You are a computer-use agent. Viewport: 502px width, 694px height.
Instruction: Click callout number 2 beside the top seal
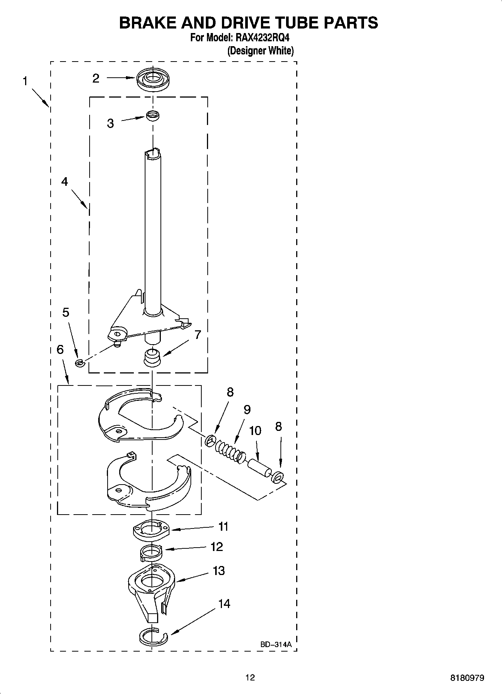point(96,78)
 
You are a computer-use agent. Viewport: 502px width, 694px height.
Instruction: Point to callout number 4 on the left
point(65,182)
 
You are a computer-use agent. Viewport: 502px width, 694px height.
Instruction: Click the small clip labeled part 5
point(79,362)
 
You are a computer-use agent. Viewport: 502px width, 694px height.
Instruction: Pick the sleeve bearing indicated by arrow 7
point(152,357)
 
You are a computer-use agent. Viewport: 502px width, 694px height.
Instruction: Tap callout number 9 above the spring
point(247,409)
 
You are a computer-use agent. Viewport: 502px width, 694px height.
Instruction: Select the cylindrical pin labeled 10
point(258,469)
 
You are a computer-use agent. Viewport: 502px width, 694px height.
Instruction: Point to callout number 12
point(217,547)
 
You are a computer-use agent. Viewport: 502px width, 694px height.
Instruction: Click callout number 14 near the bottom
point(224,604)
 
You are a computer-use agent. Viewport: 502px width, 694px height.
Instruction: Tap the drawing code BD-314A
point(276,644)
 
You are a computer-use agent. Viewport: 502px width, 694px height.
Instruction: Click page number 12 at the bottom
point(250,677)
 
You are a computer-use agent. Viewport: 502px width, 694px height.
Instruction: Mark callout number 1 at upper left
point(25,81)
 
